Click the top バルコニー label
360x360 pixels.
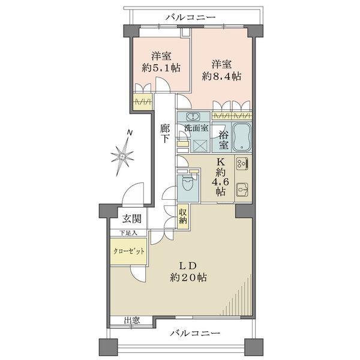(x=191, y=17)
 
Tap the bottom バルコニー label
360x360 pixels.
(x=195, y=333)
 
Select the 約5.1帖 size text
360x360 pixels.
(x=161, y=68)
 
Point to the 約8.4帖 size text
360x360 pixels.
(x=221, y=76)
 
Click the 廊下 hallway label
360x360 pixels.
(x=164, y=133)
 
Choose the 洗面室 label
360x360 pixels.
(x=197, y=128)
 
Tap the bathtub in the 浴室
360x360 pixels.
(x=242, y=137)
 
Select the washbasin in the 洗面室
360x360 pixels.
(x=193, y=116)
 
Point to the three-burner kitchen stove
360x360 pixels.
(x=242, y=163)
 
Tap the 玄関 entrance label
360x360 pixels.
(x=131, y=219)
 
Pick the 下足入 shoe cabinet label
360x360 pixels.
(x=128, y=233)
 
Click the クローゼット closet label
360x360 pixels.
(x=129, y=251)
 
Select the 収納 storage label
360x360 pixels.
(x=183, y=217)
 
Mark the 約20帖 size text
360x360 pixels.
(x=188, y=278)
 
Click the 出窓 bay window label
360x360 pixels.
(x=132, y=320)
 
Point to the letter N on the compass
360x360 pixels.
(x=130, y=133)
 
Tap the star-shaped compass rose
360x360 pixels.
(x=122, y=157)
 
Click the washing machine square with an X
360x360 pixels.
(x=200, y=146)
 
